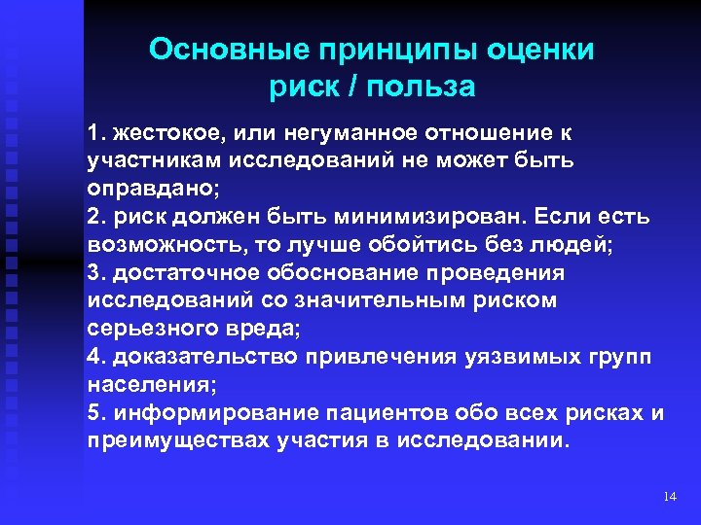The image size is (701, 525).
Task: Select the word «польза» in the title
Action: point(429,87)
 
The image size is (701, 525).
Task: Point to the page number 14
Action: point(668,497)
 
